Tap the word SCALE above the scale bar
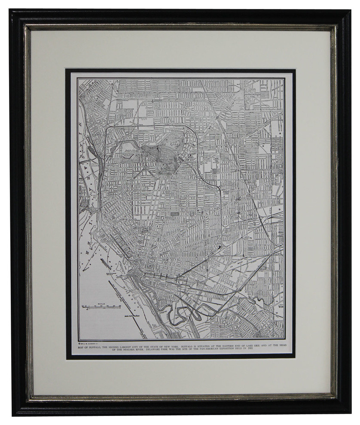pos(101,304)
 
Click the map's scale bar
pos(101,307)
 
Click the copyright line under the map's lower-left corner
pos(88,342)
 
